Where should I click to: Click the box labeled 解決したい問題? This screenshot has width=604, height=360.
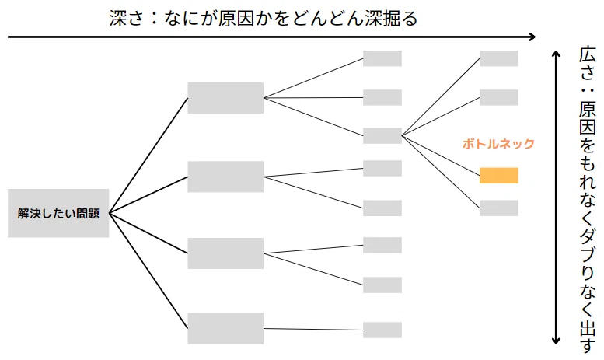tap(58, 213)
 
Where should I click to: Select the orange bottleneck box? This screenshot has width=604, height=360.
tap(498, 176)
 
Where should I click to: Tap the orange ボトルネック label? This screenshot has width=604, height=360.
tap(498, 144)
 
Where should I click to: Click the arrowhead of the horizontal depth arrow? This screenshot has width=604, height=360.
tap(532, 37)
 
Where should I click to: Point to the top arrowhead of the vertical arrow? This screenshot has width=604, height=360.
tap(556, 54)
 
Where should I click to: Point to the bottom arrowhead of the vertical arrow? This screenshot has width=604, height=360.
tap(556, 341)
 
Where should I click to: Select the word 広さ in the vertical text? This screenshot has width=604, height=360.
tap(587, 64)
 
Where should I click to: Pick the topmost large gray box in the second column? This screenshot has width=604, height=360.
tap(225, 97)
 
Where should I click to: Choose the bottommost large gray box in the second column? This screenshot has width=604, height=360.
tap(225, 328)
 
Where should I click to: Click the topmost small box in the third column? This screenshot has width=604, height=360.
tap(382, 58)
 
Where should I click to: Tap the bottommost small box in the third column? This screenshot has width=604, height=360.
tap(382, 330)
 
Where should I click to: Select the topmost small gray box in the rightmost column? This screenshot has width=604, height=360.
tap(498, 58)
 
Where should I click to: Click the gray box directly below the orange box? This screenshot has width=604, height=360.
tap(498, 208)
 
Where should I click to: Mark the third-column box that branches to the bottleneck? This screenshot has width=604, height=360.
tap(382, 135)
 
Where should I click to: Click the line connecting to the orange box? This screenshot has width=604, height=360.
tap(441, 156)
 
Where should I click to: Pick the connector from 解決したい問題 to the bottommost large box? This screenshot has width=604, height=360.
tap(148, 271)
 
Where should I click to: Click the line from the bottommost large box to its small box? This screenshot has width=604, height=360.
tap(313, 329)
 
